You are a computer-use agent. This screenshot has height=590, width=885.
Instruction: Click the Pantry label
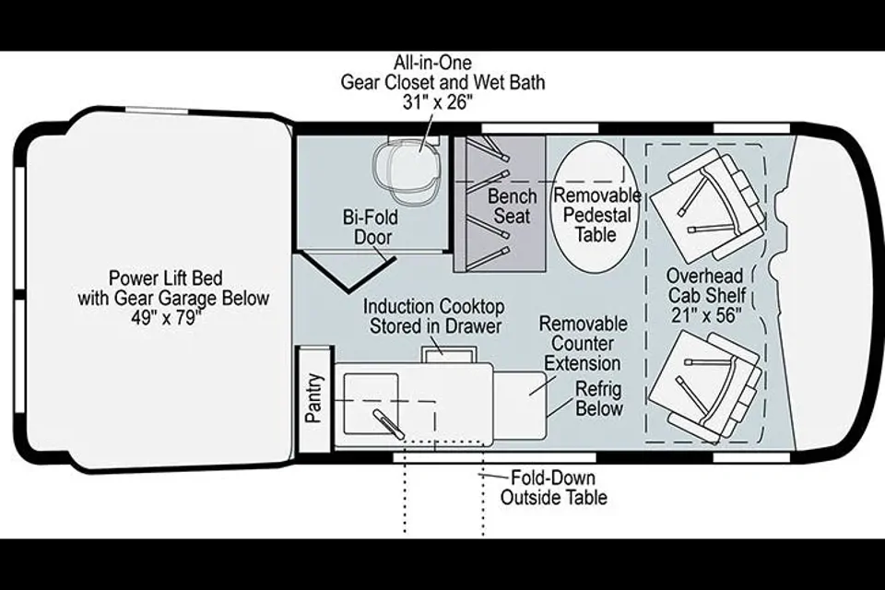coord(313,397)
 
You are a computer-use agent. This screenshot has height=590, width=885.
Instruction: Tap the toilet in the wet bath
coord(407,171)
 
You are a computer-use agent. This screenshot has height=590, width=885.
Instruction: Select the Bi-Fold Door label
coord(371,227)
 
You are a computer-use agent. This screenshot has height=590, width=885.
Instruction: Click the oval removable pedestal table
coord(595,200)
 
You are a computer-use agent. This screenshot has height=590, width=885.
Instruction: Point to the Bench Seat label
coord(512,206)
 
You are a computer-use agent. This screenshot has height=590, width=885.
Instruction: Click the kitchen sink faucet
coord(388,425)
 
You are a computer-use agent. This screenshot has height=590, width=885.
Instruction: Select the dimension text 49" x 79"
coord(167,318)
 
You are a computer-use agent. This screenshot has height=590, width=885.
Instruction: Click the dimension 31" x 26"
coord(437,102)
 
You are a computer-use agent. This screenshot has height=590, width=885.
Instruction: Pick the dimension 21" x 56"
coord(705,315)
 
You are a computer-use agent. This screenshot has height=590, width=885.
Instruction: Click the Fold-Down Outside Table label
coord(554,488)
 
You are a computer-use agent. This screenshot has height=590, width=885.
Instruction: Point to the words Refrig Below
coord(599,398)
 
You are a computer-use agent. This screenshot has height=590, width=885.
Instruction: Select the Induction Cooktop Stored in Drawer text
coord(433,316)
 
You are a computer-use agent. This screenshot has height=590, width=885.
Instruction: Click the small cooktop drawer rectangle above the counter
coord(449,355)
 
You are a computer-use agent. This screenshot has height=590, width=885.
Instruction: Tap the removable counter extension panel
coord(520,405)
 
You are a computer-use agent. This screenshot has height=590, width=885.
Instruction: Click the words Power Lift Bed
coord(165,277)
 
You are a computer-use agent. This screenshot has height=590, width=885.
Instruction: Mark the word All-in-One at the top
coord(432,62)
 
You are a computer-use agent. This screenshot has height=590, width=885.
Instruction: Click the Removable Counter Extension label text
coord(583,343)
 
